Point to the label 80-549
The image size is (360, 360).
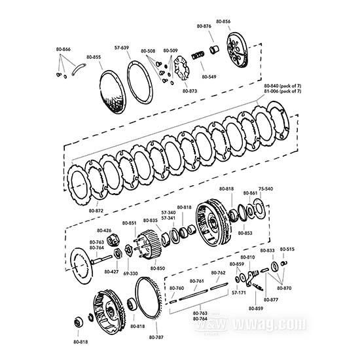point(209,77)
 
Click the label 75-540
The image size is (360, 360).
point(266,188)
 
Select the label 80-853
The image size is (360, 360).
point(245,232)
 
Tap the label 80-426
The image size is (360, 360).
point(103,230)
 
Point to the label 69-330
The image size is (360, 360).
point(130,273)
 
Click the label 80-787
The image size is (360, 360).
point(156,336)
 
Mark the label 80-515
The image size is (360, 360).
point(287,249)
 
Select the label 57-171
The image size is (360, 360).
point(239,293)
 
